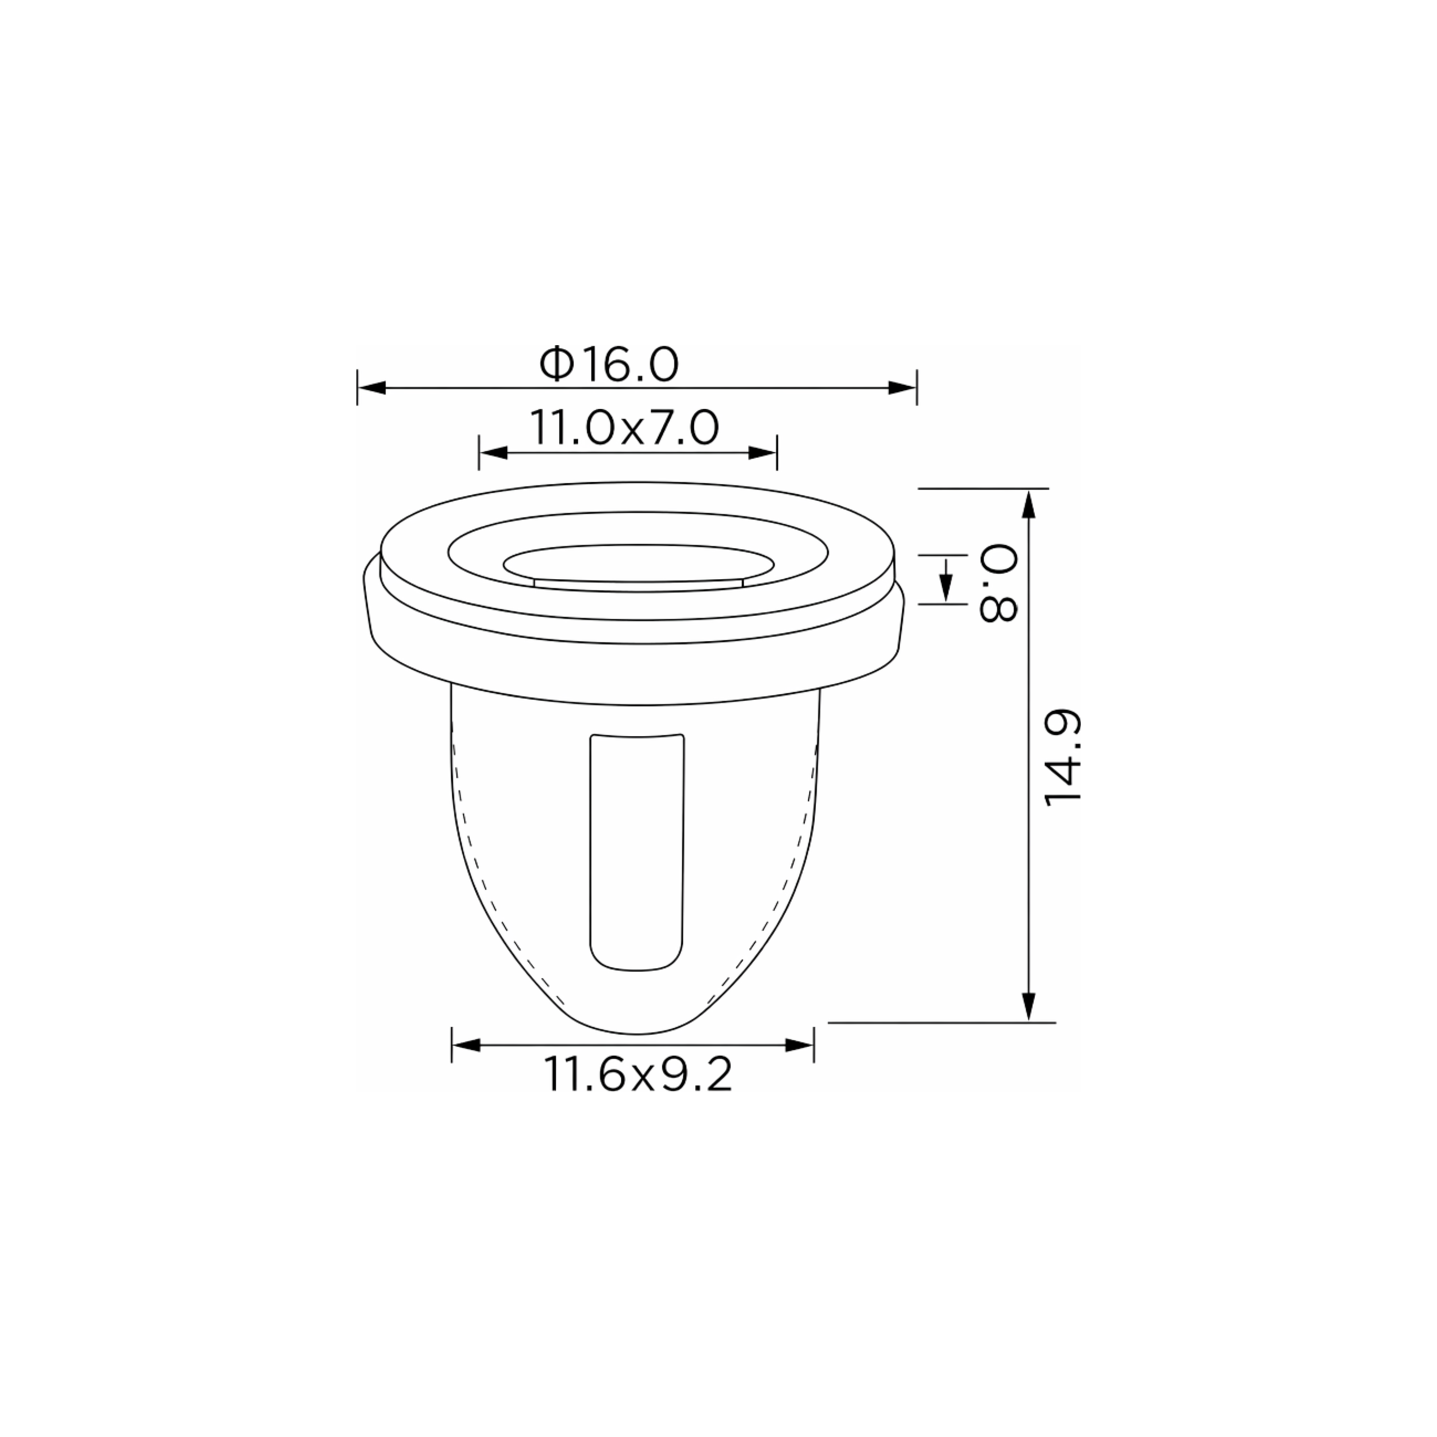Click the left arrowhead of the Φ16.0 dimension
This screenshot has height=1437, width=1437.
[372, 387]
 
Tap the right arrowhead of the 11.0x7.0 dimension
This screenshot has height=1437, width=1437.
[762, 453]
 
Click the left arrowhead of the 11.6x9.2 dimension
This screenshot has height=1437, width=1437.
[466, 1045]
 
